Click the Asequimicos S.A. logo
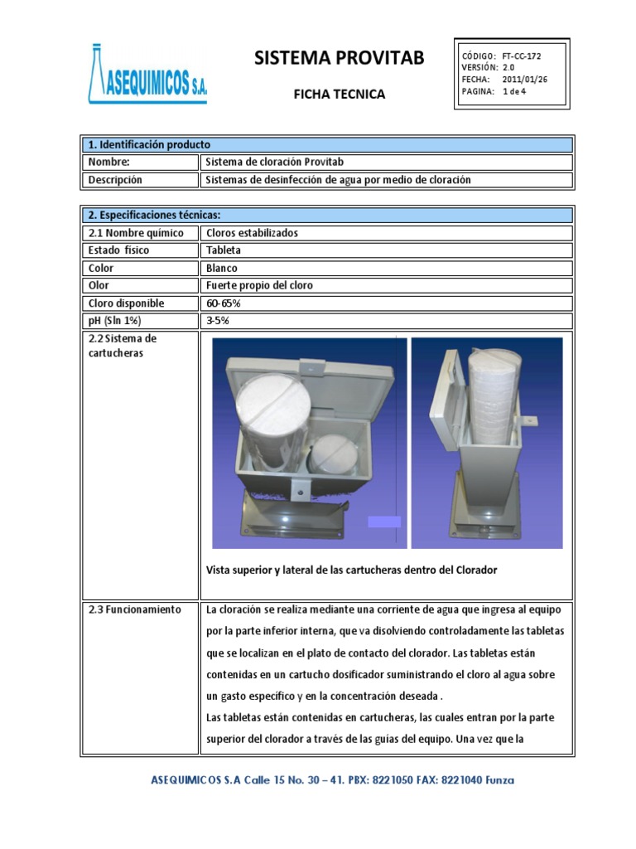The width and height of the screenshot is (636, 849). click(147, 75)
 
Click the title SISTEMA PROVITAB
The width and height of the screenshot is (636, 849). click(339, 57)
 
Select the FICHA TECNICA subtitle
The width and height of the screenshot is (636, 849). click(340, 95)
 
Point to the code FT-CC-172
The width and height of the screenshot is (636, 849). click(522, 56)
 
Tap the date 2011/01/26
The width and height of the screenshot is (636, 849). click(525, 80)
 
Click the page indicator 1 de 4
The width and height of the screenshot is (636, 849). click(514, 91)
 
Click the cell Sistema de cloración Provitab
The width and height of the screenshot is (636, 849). click(272, 163)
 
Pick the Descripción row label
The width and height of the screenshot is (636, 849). click(115, 180)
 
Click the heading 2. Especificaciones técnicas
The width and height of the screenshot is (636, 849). click(155, 215)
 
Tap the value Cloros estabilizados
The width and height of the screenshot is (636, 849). click(252, 233)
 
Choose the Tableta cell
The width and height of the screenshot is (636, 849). click(223, 250)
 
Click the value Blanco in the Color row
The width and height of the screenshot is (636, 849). click(222, 268)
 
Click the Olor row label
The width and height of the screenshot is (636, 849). click(99, 285)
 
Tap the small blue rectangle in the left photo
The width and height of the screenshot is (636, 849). click(384, 522)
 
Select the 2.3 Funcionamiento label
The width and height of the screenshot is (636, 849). click(134, 609)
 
